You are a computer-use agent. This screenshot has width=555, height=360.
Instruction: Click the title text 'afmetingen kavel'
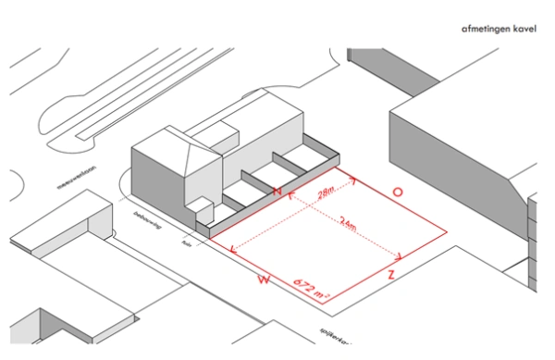tap(498, 30)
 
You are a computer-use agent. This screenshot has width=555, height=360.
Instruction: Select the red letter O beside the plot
tap(397, 192)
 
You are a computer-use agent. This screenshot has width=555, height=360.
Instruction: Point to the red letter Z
tap(392, 275)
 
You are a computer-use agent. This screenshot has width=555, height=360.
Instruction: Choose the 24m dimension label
tap(349, 223)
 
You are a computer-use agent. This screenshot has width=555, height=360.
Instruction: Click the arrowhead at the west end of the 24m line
tap(230, 249)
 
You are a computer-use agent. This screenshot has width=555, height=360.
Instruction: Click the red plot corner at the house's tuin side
tap(209, 240)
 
